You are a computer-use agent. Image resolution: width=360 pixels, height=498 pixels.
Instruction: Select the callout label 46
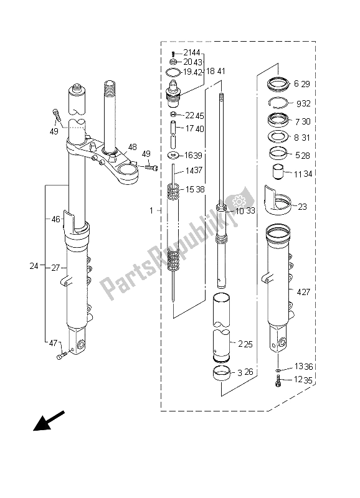pos(55,219)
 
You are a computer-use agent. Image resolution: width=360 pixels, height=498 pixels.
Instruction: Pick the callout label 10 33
pos(244,211)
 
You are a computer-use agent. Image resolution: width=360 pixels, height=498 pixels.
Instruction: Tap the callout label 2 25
pos(246,343)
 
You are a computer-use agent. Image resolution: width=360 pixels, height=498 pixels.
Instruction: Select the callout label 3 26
pos(246,374)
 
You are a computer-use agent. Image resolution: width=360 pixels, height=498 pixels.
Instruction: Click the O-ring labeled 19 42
pos(173,72)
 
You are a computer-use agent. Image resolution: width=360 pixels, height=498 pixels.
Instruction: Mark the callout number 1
pos(151,211)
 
